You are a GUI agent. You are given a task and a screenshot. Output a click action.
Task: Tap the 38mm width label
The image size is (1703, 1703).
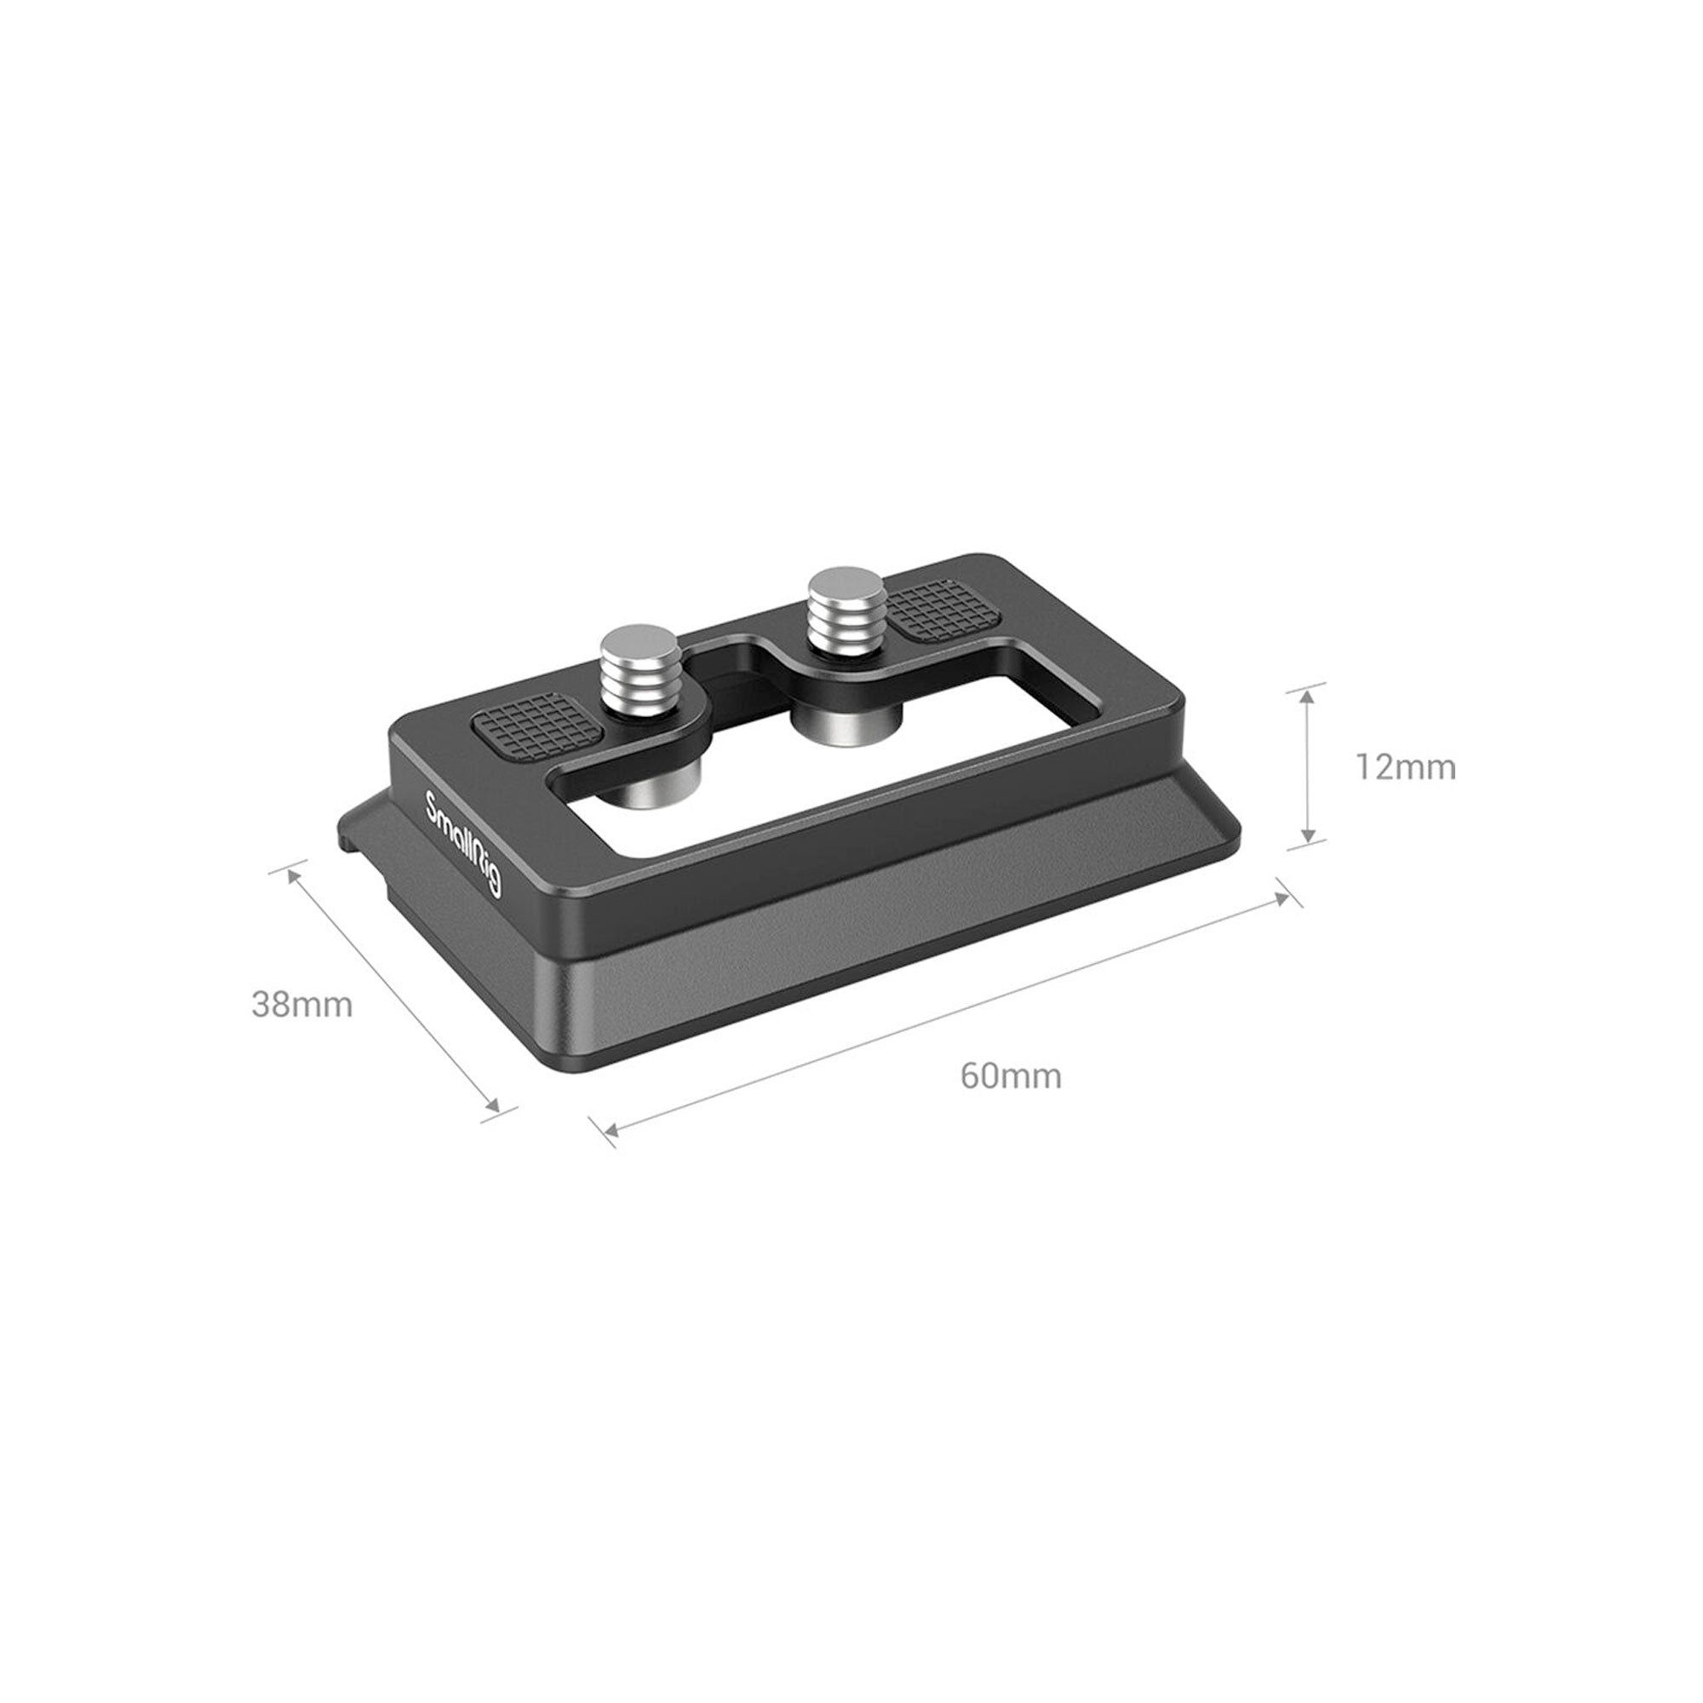(x=302, y=1004)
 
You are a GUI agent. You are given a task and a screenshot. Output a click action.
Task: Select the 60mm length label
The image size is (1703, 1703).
(x=1011, y=1076)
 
